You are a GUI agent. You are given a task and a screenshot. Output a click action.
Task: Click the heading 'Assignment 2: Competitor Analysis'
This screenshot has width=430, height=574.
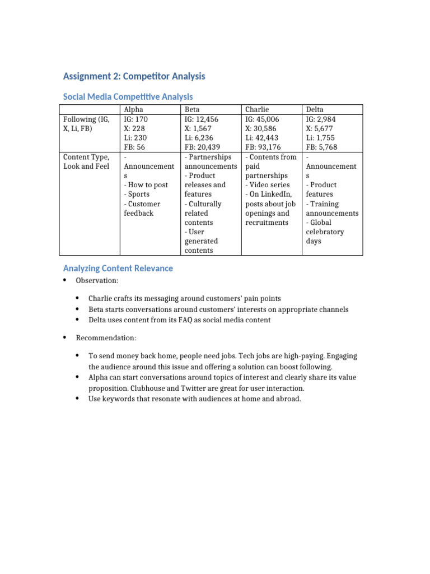[x=134, y=76]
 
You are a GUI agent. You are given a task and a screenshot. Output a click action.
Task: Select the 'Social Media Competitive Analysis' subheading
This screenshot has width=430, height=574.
[x=128, y=97]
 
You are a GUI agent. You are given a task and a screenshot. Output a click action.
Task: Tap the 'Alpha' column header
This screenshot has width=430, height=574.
[x=133, y=110]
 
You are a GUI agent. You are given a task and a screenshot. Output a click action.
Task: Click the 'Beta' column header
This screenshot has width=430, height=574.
[x=192, y=110]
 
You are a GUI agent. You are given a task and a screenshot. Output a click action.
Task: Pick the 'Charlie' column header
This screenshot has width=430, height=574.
[x=257, y=110]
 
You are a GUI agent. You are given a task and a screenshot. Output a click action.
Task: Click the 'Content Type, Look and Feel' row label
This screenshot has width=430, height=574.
[x=86, y=161]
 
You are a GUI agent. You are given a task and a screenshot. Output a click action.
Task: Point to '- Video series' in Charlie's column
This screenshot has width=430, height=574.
[x=268, y=185]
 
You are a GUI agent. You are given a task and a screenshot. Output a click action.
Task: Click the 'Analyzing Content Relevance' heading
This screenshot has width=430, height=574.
[x=118, y=269]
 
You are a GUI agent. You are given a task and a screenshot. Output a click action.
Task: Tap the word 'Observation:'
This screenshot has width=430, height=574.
[x=97, y=280]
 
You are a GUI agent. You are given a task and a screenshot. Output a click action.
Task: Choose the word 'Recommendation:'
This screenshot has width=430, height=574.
[x=106, y=338]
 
